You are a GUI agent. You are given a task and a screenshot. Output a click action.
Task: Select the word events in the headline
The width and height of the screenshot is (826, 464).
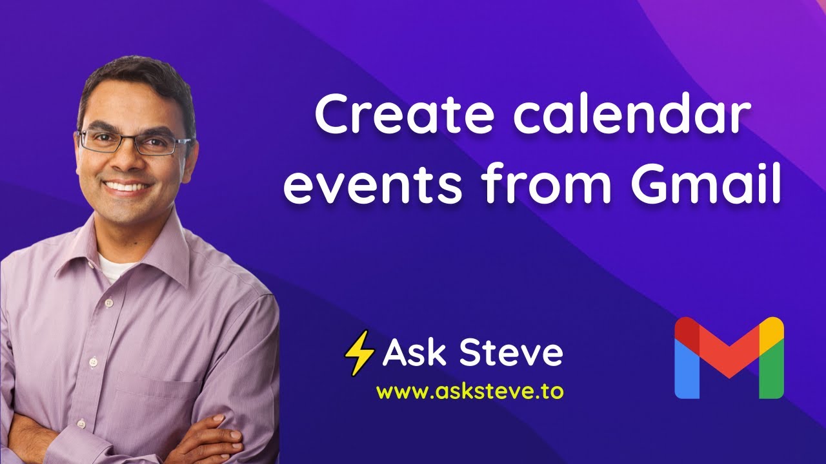tap(374, 186)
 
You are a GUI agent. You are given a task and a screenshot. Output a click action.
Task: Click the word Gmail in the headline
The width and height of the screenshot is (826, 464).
tap(705, 186)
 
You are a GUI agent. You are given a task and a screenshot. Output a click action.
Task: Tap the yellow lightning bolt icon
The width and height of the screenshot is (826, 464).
tap(360, 353)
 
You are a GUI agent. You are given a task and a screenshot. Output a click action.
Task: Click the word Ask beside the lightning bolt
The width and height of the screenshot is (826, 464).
tap(412, 353)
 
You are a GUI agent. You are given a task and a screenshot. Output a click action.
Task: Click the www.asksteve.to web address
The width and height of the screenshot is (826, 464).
tap(470, 391)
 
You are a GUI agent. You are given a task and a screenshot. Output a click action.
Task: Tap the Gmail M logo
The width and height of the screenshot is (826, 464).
tap(729, 357)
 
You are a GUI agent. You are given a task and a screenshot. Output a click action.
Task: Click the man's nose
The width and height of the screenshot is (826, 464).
tap(129, 161)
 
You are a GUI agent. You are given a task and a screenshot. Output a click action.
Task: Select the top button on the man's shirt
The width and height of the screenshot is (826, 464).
tap(108, 302)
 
